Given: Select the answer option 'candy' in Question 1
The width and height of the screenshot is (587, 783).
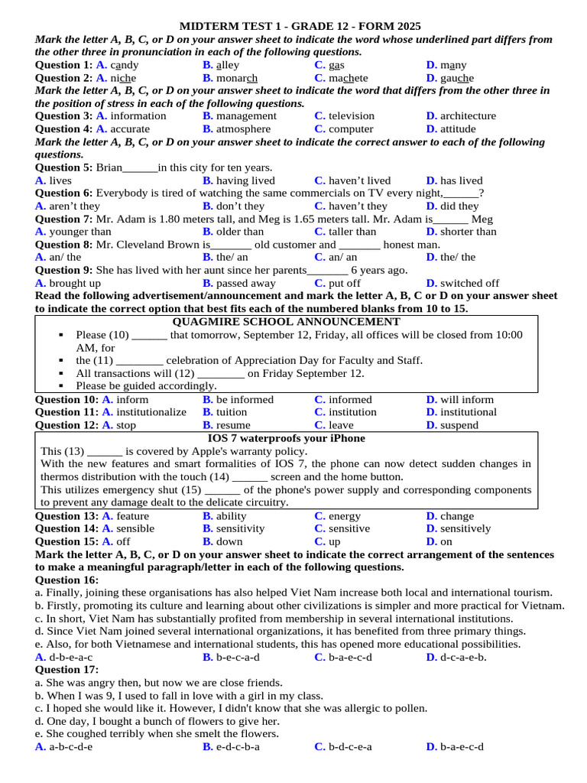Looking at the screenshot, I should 124,65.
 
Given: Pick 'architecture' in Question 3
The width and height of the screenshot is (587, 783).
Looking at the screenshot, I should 468,116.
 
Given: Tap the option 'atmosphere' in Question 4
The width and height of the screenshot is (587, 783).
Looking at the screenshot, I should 243,129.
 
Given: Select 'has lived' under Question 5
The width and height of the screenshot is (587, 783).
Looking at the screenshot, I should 461,180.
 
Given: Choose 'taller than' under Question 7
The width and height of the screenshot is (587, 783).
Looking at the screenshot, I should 352,232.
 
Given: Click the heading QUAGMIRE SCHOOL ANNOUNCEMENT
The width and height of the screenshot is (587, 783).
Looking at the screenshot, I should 287,322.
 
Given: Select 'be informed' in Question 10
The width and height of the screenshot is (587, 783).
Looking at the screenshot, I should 245,399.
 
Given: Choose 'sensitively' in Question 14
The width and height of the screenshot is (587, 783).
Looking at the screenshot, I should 465,528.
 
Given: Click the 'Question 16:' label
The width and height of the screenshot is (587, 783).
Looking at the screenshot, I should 67,580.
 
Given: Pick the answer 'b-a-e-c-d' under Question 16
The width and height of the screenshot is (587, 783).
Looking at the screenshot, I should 350,657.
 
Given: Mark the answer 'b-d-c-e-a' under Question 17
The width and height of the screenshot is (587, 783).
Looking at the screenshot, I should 350,747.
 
